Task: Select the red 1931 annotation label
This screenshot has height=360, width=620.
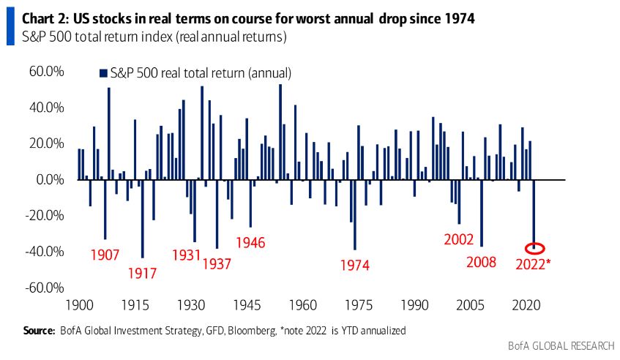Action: click(x=187, y=255)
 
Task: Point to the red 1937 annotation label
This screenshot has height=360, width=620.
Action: click(x=217, y=263)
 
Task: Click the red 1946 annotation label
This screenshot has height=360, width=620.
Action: click(x=250, y=243)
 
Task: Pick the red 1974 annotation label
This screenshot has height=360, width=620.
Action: click(x=355, y=266)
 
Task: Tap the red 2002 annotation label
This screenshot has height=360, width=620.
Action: click(x=459, y=239)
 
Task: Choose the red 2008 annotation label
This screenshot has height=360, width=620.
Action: click(x=482, y=262)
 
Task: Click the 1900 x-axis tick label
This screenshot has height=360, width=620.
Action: click(x=78, y=305)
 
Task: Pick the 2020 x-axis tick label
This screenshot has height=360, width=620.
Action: click(x=526, y=305)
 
